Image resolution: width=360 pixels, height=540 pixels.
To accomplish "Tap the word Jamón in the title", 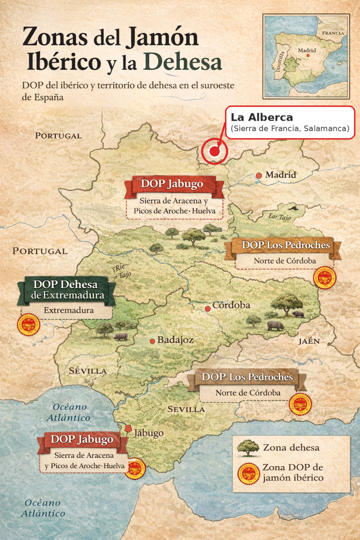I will [162, 38].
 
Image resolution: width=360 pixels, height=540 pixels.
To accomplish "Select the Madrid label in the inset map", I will [307, 51].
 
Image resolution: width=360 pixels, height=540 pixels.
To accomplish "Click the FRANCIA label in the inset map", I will [333, 33].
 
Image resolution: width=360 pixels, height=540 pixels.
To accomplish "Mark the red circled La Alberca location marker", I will [214, 151].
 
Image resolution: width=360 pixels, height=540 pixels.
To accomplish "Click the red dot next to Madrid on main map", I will [259, 175].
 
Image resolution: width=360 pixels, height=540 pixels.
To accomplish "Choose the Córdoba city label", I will [231, 306].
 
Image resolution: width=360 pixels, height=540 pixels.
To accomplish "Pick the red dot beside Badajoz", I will [152, 341].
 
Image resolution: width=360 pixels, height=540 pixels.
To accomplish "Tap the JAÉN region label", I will [309, 341].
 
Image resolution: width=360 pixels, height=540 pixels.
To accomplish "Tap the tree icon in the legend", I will [248, 448].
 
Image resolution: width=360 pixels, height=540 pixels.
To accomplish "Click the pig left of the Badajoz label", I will [121, 336].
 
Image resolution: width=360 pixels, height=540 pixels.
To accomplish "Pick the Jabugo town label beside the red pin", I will [149, 433].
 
